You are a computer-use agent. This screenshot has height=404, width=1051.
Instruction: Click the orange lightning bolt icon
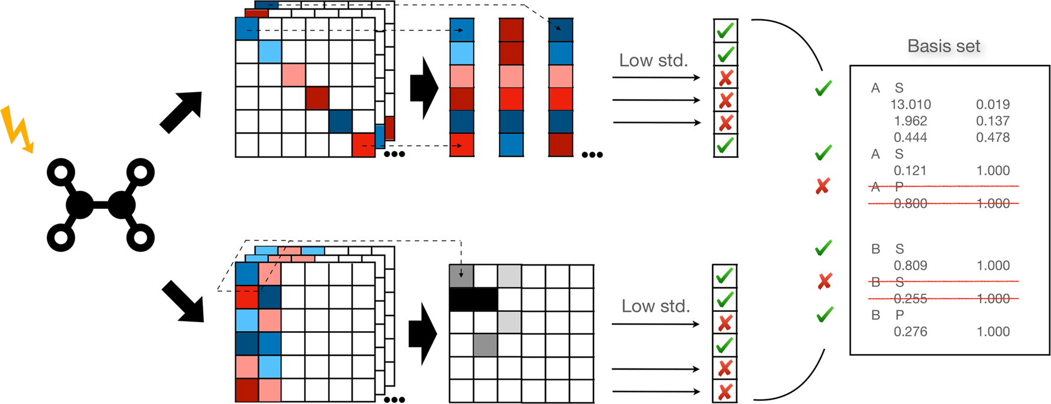pos(16,129)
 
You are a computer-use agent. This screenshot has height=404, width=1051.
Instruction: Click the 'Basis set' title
pos(943,46)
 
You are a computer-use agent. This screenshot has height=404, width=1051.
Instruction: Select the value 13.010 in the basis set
pos(910,105)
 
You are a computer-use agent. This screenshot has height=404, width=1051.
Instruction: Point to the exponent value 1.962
pos(910,121)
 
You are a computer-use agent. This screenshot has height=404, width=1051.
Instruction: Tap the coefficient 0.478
pos(993,137)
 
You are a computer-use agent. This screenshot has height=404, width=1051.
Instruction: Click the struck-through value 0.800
pos(910,204)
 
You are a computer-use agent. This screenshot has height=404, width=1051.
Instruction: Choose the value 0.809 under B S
pos(910,266)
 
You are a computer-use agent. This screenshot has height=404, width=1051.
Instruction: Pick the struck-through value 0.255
pos(910,299)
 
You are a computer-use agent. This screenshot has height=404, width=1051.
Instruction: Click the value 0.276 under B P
pos(910,332)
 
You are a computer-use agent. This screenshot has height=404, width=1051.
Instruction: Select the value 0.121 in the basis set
pos(910,171)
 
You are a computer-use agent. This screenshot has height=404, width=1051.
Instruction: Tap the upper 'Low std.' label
pos(653,61)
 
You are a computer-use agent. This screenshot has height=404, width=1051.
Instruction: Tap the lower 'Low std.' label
pos(656,306)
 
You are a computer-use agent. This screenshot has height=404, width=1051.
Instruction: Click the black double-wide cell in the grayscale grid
pos(474,299)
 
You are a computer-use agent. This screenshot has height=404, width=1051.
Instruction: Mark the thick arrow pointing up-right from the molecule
pos(181,112)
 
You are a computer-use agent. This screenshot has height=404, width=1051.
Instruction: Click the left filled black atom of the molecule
pos(79,205)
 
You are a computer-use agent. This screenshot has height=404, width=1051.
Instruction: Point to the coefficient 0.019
pos(993,105)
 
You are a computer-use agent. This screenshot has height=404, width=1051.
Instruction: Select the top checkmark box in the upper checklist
pos(725,30)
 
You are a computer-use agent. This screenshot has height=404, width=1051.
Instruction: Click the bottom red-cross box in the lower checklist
pos(725,391)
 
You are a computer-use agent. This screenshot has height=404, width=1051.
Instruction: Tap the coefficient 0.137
pos(993,121)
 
